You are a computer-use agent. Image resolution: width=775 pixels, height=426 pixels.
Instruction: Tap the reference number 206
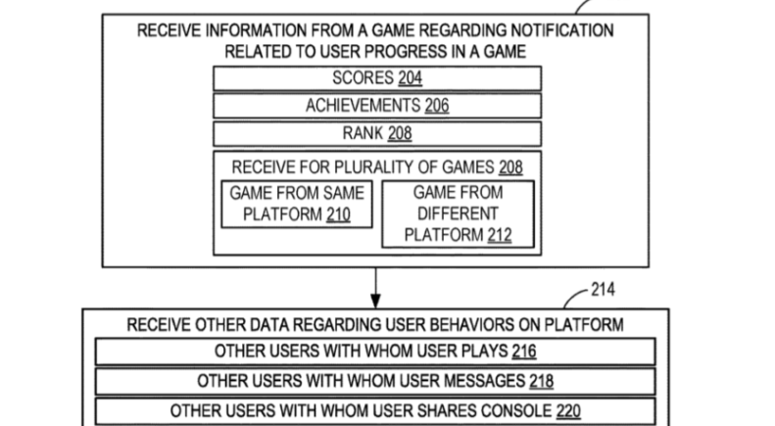pos(436,106)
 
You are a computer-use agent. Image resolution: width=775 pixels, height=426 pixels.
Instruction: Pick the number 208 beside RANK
pos(400,133)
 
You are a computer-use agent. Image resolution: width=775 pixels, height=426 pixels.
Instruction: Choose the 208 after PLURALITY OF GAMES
pos(510,166)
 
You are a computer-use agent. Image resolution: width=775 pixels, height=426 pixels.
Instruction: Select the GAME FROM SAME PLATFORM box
pos(296,203)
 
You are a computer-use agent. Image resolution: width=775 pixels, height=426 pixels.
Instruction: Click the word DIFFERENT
pos(456,213)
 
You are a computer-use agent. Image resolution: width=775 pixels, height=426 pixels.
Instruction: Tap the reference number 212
pos(497,235)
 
